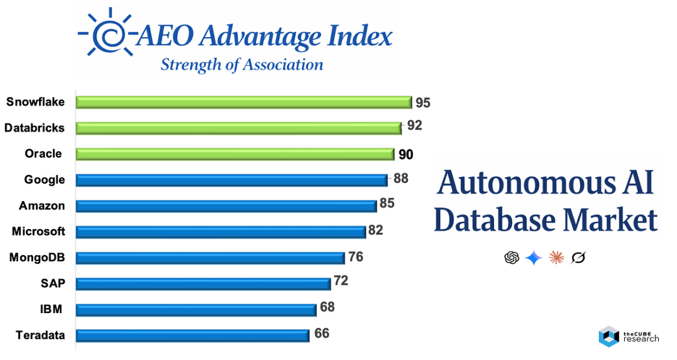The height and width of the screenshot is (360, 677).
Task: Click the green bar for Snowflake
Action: click(243, 102)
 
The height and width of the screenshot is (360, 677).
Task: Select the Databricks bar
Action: click(238, 128)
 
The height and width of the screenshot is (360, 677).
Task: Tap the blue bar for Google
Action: click(231, 180)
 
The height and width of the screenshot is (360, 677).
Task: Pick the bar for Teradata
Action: click(192, 335)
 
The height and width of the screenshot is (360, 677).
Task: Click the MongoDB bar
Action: click(210, 258)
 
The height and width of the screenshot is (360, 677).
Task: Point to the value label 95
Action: click(423, 102)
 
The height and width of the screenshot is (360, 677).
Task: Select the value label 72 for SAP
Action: click(341, 280)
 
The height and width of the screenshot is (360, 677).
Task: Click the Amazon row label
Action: click(42, 206)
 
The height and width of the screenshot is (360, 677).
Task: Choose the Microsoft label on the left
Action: click(38, 231)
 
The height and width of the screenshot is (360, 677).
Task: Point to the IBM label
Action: click(51, 309)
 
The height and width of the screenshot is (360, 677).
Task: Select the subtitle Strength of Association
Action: click(242, 64)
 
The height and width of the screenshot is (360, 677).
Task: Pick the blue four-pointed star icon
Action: click(534, 257)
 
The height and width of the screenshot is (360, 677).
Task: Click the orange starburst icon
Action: click(556, 257)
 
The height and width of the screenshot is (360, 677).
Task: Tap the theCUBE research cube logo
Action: click(608, 335)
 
